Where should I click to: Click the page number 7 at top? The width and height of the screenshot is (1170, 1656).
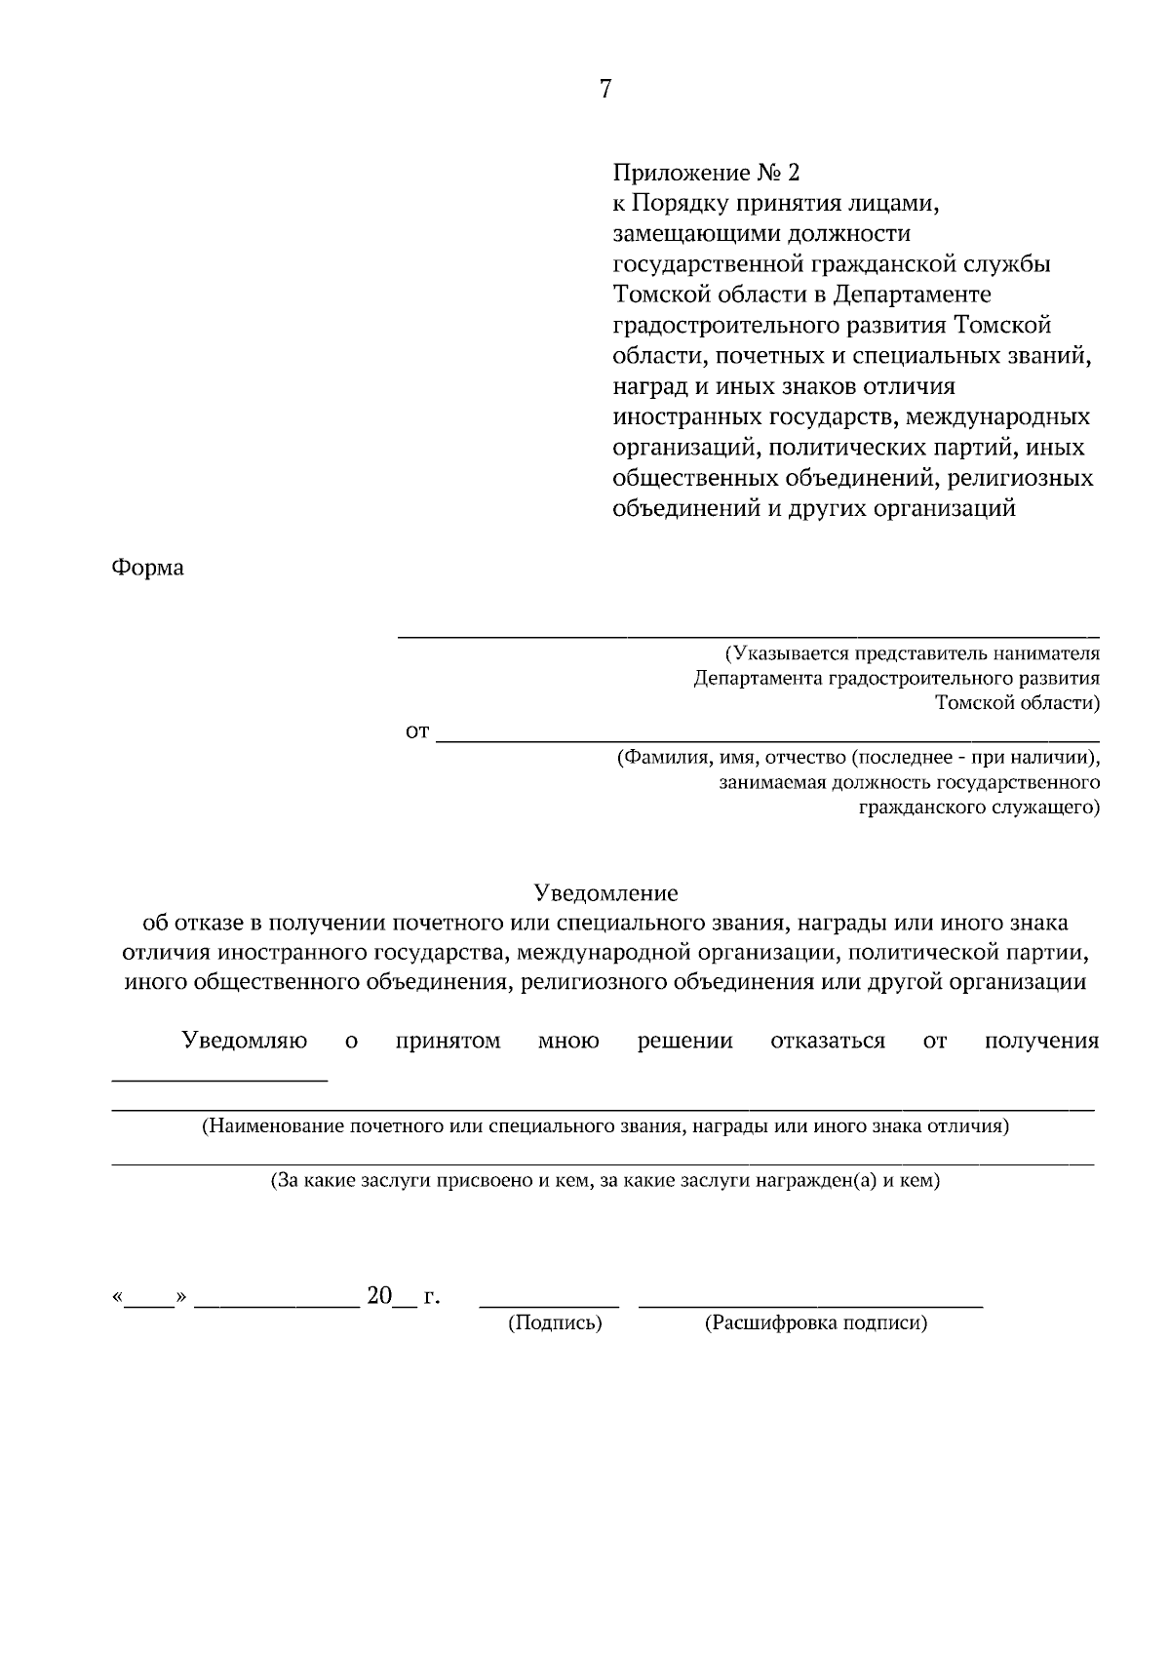coord(604,90)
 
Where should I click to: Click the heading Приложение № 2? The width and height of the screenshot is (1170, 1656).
coord(705,174)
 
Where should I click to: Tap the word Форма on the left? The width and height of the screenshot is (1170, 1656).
coord(148,568)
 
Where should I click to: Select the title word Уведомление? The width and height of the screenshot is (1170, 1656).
coord(604,892)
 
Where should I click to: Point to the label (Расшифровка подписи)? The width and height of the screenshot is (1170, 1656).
coord(815,1323)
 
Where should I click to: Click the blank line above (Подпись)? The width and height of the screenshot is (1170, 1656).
coord(550,1305)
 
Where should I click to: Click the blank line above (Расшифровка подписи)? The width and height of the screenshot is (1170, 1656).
coord(810,1305)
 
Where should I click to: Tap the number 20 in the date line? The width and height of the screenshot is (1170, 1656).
coord(378,1296)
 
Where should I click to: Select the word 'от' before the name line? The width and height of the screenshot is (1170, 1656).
coord(417,731)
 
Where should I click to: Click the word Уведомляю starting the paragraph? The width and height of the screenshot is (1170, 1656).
coord(245,1041)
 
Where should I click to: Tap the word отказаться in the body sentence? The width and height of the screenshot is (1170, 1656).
coord(827,1041)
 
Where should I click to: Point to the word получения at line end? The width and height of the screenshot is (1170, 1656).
coord(1041,1041)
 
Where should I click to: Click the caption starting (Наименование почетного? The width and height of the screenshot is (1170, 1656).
coord(604,1127)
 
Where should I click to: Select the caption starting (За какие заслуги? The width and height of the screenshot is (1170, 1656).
coord(604,1181)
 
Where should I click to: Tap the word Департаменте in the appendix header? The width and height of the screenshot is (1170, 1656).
coord(912,295)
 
